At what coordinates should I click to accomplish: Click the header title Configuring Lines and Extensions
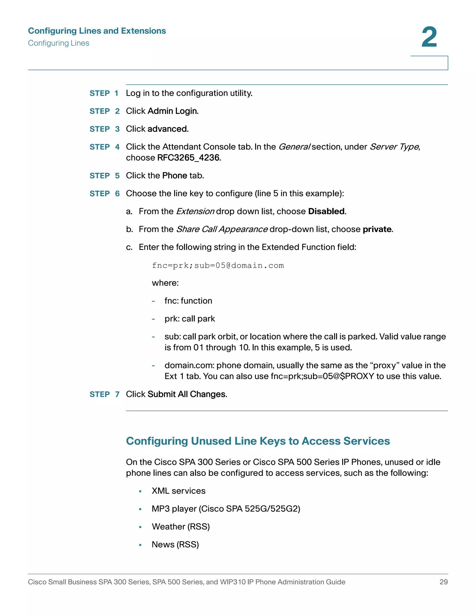coord(97,31)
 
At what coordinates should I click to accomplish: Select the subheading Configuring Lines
coord(59,43)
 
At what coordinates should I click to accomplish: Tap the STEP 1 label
coord(104,93)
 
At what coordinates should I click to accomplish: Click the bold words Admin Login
coord(173,111)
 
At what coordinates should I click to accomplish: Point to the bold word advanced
coord(168,129)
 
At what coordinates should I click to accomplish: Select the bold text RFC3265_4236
coord(188,158)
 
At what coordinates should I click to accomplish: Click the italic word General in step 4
coord(294,147)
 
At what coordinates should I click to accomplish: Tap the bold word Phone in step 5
coord(175,176)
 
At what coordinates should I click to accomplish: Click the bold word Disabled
coord(326,212)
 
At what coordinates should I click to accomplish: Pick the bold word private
coord(377,229)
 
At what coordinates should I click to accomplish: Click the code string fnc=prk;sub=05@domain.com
coord(218,266)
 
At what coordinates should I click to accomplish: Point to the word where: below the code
coord(165,283)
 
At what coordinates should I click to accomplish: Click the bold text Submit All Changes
coord(187,394)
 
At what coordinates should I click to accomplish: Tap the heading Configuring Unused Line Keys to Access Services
coord(258,441)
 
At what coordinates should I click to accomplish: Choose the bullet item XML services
coord(178,491)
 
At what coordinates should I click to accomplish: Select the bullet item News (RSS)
coord(175,545)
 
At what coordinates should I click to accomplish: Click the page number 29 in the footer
coord(443,582)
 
